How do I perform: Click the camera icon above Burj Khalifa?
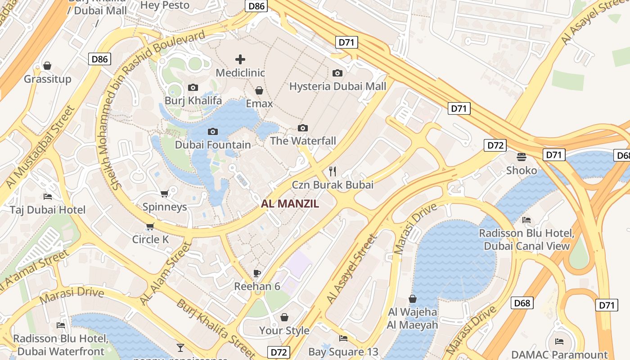pyautogui.click(x=193, y=87)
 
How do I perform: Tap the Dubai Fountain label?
pyautogui.click(x=213, y=144)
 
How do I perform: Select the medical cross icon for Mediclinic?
pyautogui.click(x=240, y=59)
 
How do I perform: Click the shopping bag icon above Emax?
pyautogui.click(x=259, y=90)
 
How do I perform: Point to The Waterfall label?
pyautogui.click(x=303, y=141)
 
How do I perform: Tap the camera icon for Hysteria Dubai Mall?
pyautogui.click(x=337, y=73)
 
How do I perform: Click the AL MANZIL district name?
pyautogui.click(x=290, y=203)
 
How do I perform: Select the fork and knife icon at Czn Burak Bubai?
pyautogui.click(x=333, y=171)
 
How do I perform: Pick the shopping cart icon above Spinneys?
pyautogui.click(x=164, y=193)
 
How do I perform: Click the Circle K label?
pyautogui.click(x=150, y=239)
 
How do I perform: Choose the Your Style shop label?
pyautogui.click(x=284, y=330)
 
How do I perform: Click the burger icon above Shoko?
pyautogui.click(x=522, y=157)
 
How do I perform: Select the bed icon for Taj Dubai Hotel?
pyautogui.click(x=48, y=196)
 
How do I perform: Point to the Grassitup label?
pyautogui.click(x=47, y=79)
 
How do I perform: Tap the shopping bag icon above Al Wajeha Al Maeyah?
pyautogui.click(x=412, y=299)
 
